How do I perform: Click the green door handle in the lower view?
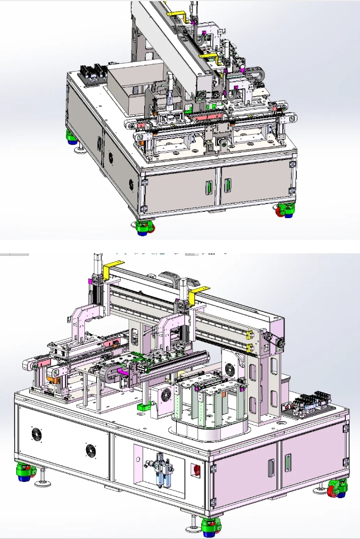[x=288, y=463]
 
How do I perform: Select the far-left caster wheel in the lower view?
[x=23, y=472]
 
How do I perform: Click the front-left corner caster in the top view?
[x=144, y=226]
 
